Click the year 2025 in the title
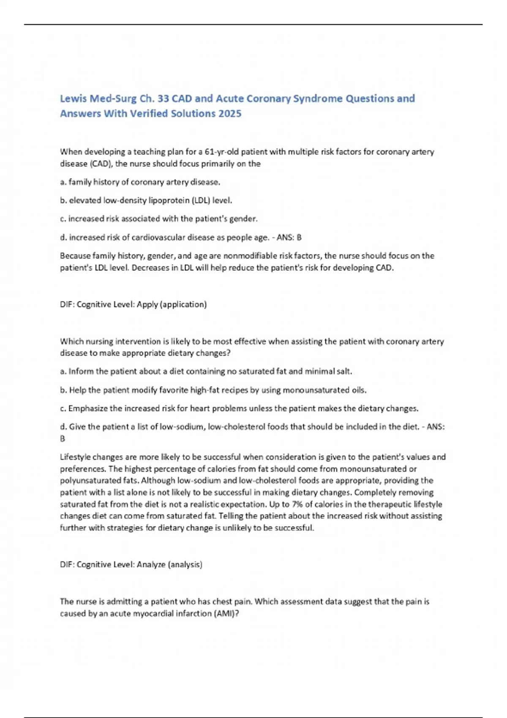(x=230, y=114)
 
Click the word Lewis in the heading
(x=73, y=98)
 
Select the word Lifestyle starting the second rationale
(x=75, y=457)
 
